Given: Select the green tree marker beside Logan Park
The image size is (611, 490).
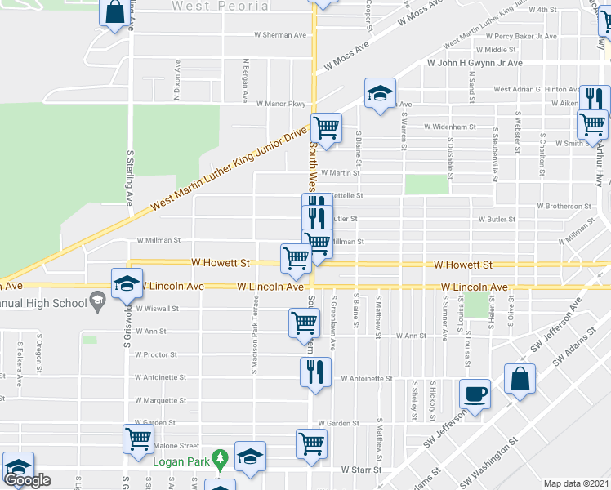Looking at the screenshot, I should pos(218,458).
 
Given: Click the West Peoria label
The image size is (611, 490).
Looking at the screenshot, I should pos(220,7).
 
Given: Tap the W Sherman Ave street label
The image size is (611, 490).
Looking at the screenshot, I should pos(280,35).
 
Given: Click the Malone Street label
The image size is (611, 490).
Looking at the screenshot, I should pos(176,446).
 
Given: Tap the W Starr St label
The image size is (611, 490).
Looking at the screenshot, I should pos(362,470).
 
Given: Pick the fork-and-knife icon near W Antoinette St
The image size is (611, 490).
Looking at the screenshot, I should pos(314,372).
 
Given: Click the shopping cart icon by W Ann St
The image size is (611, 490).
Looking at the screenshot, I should pos(304,323).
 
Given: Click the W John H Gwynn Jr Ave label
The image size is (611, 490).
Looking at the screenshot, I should pos(474,63).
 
